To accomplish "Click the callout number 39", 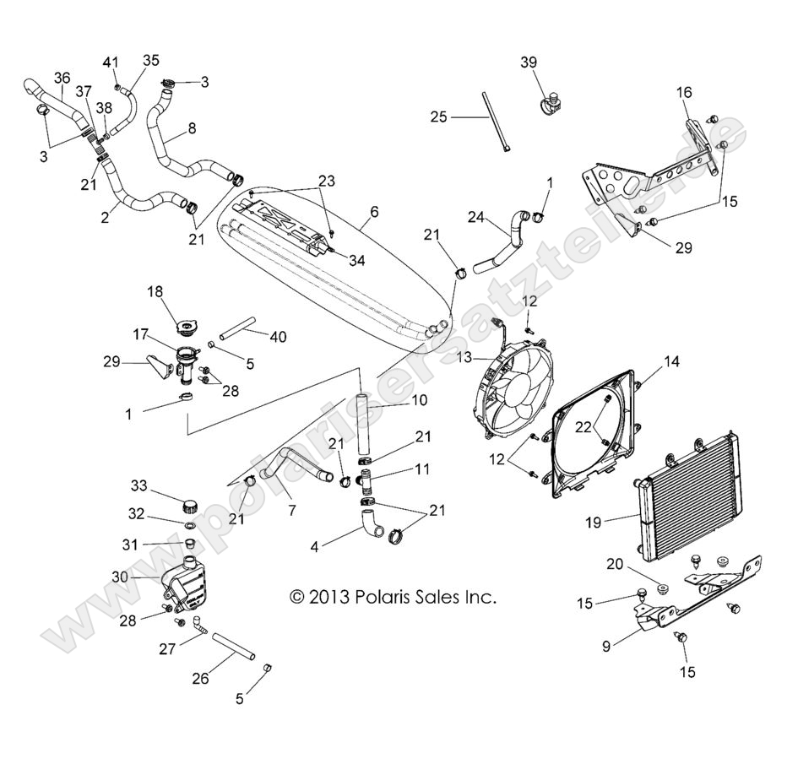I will (x=528, y=63).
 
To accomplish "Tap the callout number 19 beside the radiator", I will (x=593, y=523).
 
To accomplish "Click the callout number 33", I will (x=139, y=485).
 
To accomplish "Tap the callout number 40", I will (x=277, y=337).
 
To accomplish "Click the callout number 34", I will (x=356, y=260).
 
